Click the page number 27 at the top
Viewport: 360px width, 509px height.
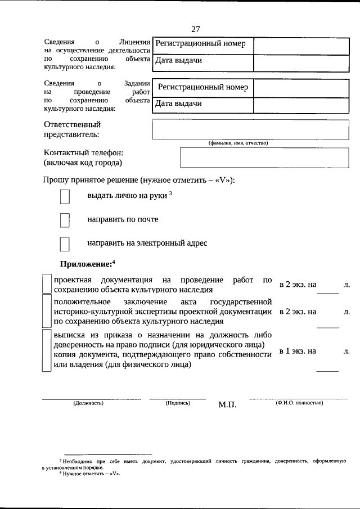pyautogui.click(x=196, y=29)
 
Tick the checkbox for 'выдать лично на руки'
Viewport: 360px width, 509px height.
pyautogui.click(x=65, y=196)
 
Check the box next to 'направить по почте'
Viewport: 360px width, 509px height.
pyautogui.click(x=65, y=220)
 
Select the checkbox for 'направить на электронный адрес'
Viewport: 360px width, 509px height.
pyautogui.click(x=65, y=244)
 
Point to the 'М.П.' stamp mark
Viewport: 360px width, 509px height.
pyautogui.click(x=228, y=406)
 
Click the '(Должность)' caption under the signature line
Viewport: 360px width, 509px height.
pyautogui.click(x=88, y=403)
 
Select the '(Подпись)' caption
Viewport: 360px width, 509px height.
pyautogui.click(x=178, y=403)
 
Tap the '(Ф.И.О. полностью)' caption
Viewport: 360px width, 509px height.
pyautogui.click(x=299, y=403)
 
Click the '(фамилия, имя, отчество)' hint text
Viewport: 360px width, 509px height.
pyautogui.click(x=238, y=143)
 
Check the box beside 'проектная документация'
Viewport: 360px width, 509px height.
pyautogui.click(x=47, y=285)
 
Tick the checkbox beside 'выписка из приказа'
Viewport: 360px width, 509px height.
pyautogui.click(x=47, y=350)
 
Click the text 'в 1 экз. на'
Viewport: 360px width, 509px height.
pyautogui.click(x=298, y=351)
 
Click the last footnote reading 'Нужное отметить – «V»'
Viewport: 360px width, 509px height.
pyautogui.click(x=91, y=474)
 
